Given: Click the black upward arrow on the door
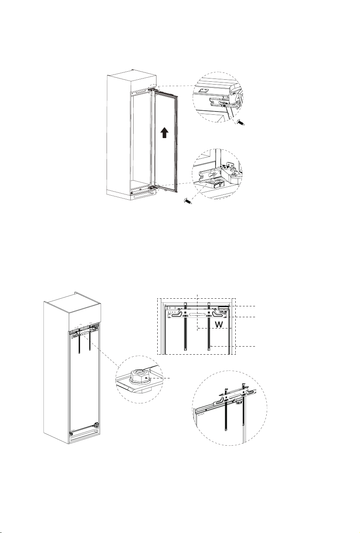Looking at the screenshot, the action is [164, 132].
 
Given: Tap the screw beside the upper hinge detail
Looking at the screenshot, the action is [241, 123].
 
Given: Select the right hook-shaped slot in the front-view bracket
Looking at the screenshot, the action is [218, 314].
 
